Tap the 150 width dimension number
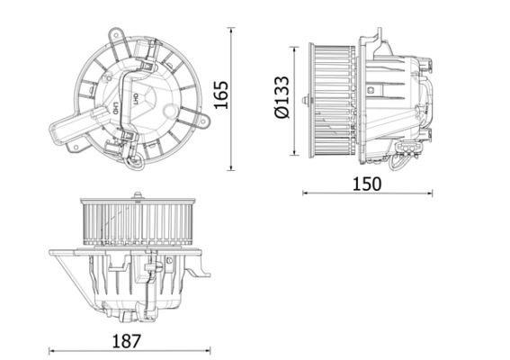pos(367,184)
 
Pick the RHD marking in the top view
pos(116,107)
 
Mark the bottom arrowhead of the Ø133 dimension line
pos(292,152)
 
